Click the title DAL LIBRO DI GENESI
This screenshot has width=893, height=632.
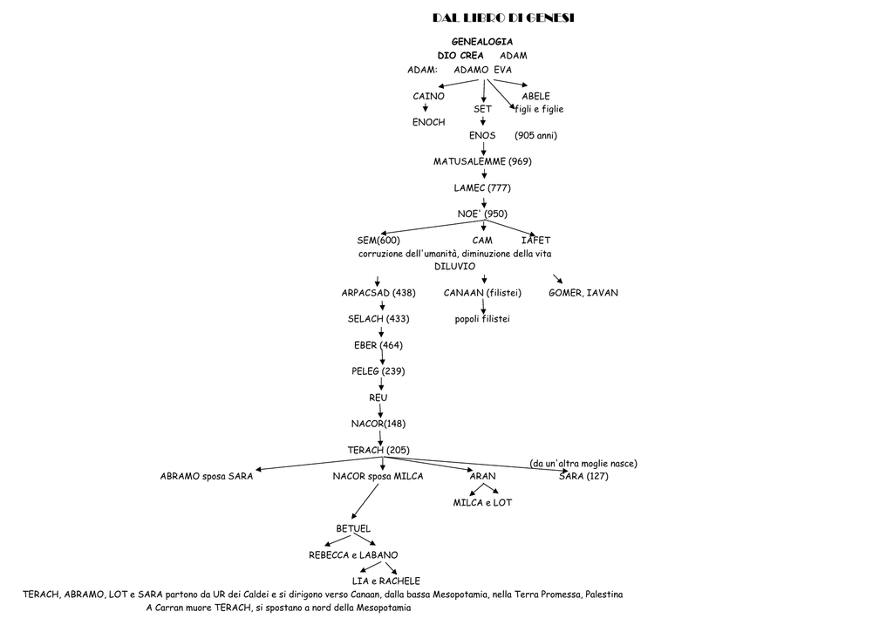(503, 17)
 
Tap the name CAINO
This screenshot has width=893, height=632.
(428, 96)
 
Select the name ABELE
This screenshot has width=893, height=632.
(536, 96)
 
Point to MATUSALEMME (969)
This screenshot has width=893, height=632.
(482, 161)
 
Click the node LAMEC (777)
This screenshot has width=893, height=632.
(482, 188)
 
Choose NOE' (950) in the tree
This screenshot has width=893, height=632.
(482, 214)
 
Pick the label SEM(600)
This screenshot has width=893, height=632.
(378, 241)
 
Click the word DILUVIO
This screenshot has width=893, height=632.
(454, 267)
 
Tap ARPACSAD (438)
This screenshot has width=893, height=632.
(378, 293)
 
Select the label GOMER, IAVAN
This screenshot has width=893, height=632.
(583, 293)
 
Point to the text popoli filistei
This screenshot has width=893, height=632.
(482, 319)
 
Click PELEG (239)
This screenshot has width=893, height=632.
(378, 371)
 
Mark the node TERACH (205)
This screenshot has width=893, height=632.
(378, 450)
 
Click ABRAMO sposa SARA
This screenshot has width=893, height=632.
(207, 476)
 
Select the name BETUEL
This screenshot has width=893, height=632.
(353, 528)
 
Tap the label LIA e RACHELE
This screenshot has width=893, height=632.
(386, 581)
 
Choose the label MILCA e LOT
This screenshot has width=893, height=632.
(482, 502)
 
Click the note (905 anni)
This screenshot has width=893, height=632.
(536, 135)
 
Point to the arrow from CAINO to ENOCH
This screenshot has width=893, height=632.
(426, 107)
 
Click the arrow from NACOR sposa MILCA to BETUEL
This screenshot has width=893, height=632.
(365, 501)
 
